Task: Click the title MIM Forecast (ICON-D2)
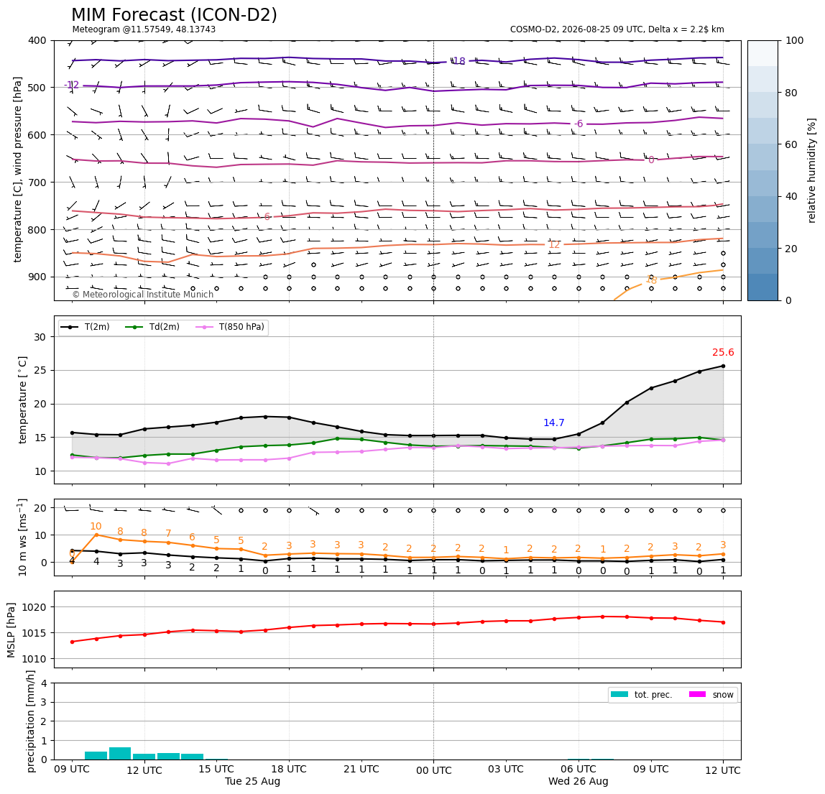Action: (174, 15)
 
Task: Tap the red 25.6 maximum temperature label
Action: (723, 353)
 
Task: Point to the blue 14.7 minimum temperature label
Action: (553, 423)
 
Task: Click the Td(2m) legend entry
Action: (152, 327)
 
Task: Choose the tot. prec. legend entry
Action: (641, 695)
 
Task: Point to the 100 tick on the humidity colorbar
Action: (795, 40)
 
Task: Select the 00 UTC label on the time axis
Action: (433, 770)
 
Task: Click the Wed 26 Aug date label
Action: (579, 781)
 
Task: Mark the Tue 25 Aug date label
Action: (252, 781)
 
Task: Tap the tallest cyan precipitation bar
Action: (120, 754)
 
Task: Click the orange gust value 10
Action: (96, 526)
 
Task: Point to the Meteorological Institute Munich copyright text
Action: (142, 294)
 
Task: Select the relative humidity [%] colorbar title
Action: (812, 170)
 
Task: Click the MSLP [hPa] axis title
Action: (11, 629)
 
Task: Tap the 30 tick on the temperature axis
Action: (40, 337)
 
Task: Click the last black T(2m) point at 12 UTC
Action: (723, 366)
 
